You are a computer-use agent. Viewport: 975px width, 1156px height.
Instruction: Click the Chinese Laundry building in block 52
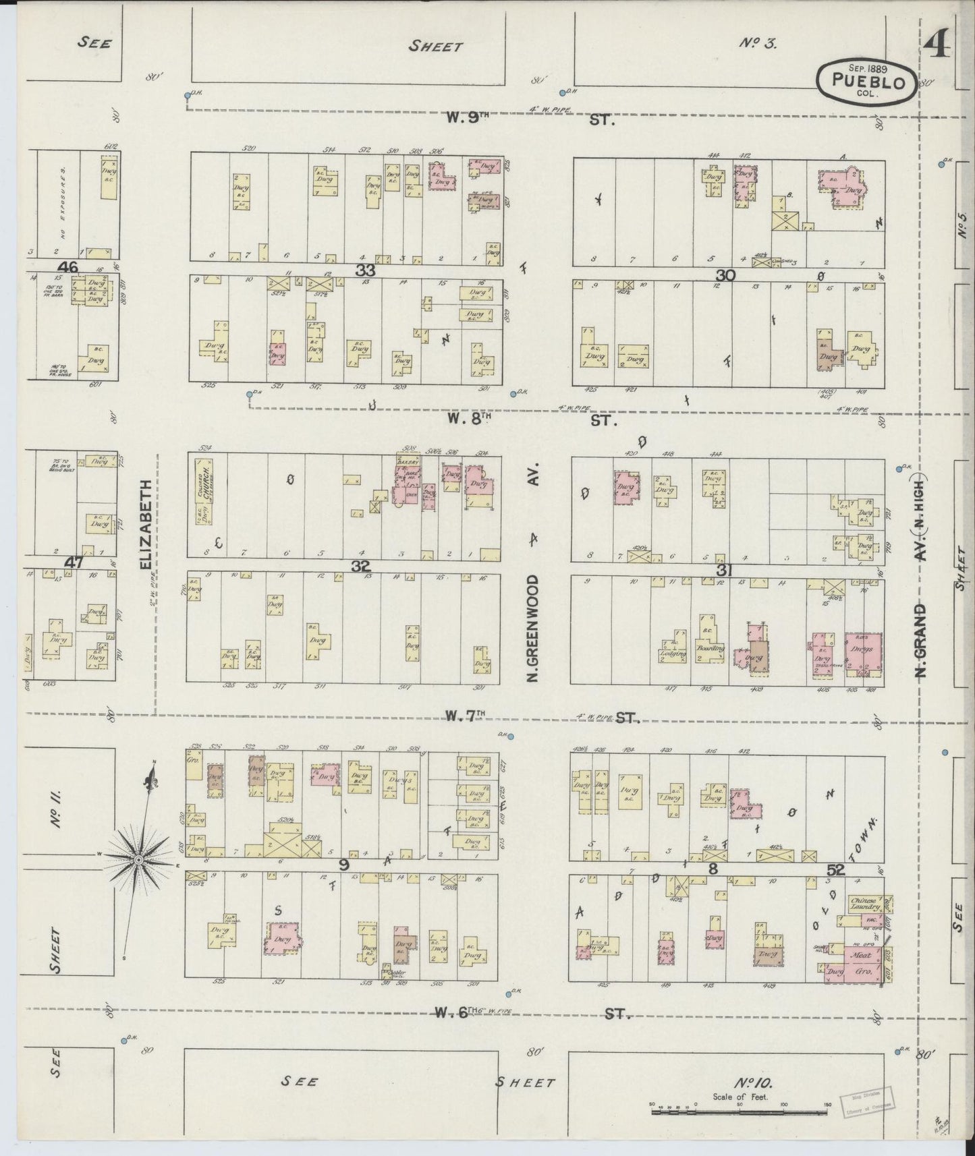click(x=864, y=904)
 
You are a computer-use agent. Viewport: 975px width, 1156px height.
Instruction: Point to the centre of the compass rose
click(x=138, y=860)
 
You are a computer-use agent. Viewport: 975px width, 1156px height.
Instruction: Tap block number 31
click(x=724, y=571)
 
